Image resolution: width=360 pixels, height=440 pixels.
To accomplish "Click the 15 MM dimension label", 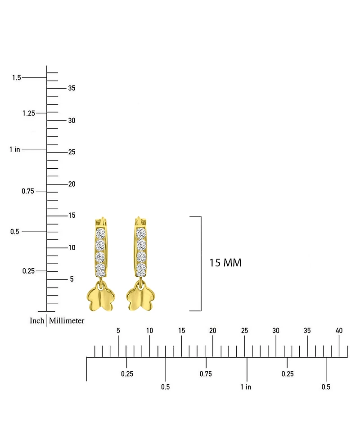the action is click(x=225, y=263).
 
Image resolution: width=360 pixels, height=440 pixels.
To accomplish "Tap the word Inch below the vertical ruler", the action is click(x=37, y=321).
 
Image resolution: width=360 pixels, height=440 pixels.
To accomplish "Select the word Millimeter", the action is click(x=67, y=321).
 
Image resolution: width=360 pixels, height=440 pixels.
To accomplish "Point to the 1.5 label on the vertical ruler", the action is click(x=17, y=78).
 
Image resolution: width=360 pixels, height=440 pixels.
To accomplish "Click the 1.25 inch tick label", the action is click(x=29, y=113).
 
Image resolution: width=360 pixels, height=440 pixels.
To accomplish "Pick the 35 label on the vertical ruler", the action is click(x=72, y=88).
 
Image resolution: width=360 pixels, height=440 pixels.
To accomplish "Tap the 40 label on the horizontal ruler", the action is click(x=339, y=331).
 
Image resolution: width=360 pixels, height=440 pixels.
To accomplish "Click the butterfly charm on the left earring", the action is click(x=101, y=296).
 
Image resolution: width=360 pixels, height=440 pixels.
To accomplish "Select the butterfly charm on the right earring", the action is click(x=140, y=296).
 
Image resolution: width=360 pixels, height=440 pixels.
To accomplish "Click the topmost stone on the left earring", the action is click(x=100, y=233).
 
